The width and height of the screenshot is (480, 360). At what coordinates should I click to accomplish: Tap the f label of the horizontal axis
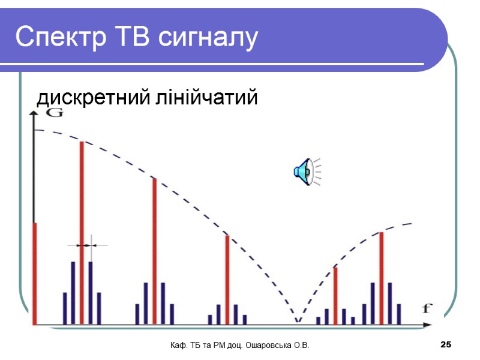tap(427, 309)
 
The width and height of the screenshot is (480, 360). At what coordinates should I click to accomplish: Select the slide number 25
tap(445, 345)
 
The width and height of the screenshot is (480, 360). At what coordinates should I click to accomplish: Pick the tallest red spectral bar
tap(82, 233)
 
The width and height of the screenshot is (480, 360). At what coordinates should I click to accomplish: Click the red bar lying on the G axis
tap(35, 273)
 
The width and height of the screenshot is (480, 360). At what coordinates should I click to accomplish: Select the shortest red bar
tap(335, 295)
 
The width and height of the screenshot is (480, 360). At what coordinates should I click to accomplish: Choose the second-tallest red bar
tap(154, 251)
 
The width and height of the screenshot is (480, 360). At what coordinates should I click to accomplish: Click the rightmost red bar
tap(381, 278)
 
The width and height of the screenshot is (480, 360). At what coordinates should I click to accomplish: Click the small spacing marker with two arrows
tap(87, 245)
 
